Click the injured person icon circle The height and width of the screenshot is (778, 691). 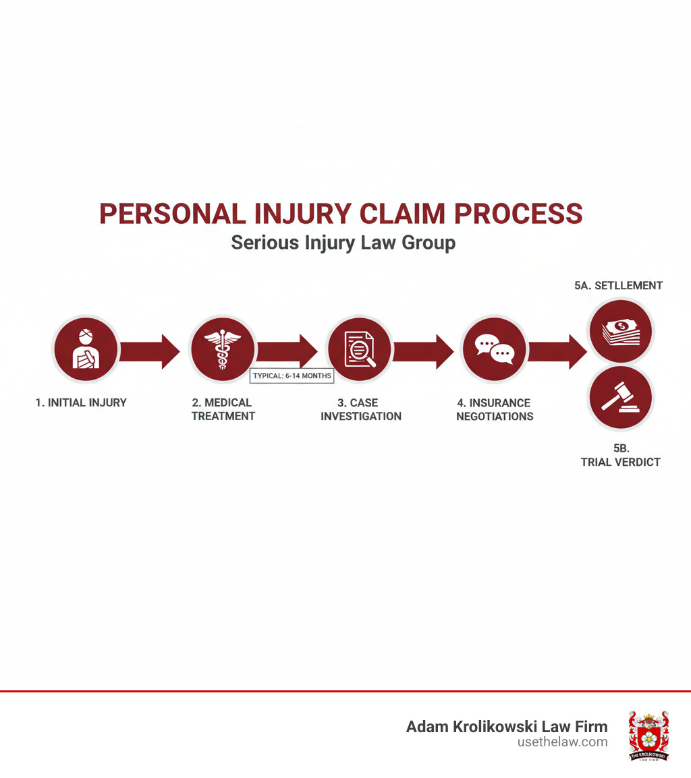pyautogui.click(x=86, y=350)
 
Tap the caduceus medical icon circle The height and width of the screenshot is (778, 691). pyautogui.click(x=222, y=350)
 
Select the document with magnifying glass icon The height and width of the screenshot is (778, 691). pyautogui.click(x=360, y=350)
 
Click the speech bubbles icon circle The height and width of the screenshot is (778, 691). pyautogui.click(x=494, y=350)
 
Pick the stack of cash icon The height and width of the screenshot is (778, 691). pyautogui.click(x=620, y=330)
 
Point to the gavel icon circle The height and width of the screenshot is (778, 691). pyautogui.click(x=620, y=398)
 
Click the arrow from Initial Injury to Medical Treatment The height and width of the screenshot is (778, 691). pyautogui.click(x=151, y=351)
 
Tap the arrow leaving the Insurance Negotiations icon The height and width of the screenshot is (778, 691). pyautogui.click(x=558, y=351)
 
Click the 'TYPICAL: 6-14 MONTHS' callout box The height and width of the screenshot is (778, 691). pyautogui.click(x=292, y=376)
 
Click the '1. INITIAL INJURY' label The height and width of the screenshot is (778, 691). pyautogui.click(x=81, y=402)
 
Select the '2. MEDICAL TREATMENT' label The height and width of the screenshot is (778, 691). pyautogui.click(x=223, y=409)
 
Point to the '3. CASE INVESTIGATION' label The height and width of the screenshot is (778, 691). pyautogui.click(x=360, y=409)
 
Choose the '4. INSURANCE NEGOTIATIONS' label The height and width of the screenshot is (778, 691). pyautogui.click(x=495, y=409)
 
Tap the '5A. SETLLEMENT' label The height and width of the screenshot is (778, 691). pyautogui.click(x=618, y=286)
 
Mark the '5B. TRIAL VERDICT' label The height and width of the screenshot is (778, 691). pyautogui.click(x=620, y=455)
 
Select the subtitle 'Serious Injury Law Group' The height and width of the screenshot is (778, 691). pyautogui.click(x=343, y=243)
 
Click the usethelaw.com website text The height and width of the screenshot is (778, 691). pyautogui.click(x=562, y=742)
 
